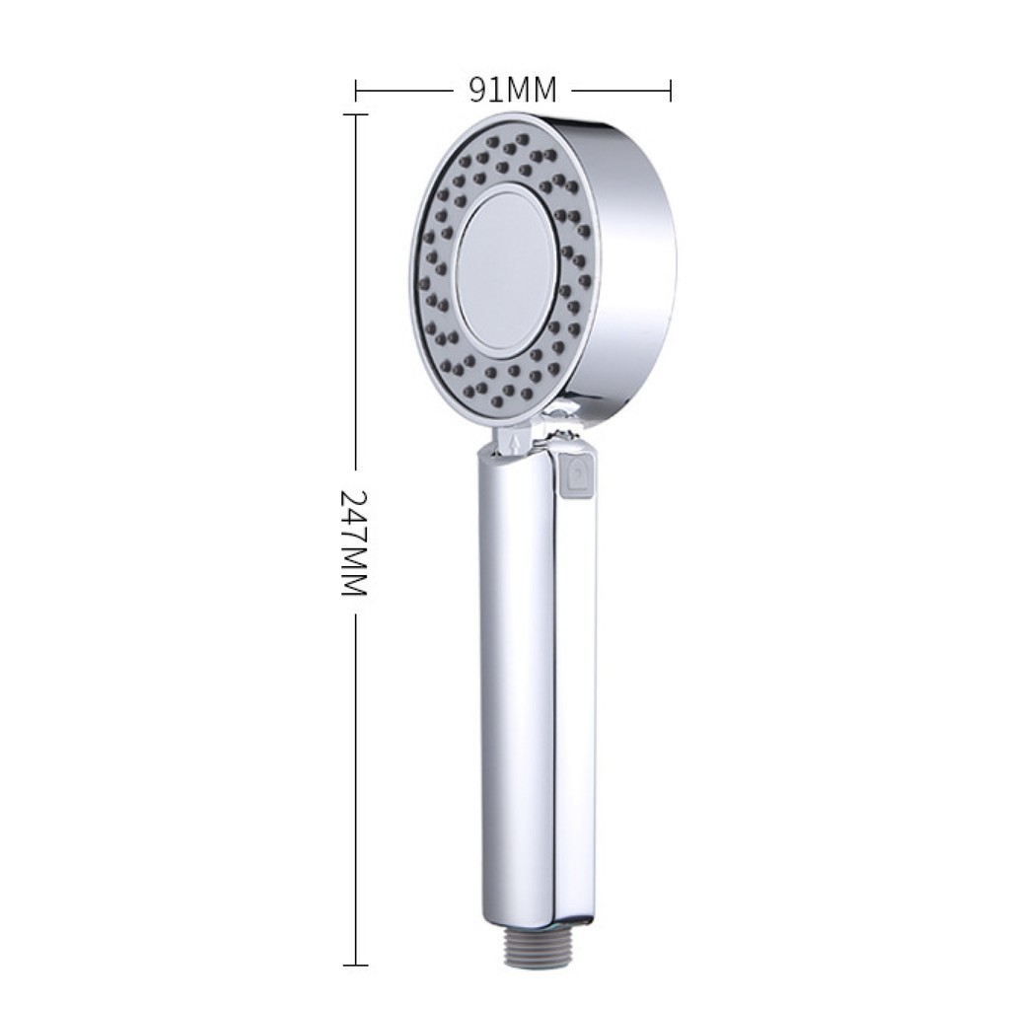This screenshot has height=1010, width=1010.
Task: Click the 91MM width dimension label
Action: tap(512, 90)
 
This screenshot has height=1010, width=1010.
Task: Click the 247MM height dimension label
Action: tap(354, 543)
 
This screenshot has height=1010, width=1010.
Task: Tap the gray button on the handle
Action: tap(578, 476)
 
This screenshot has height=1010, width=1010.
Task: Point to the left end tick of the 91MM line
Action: tap(356, 91)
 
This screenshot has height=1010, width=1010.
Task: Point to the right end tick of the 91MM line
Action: tap(671, 91)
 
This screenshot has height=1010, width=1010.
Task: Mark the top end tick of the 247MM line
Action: tap(355, 114)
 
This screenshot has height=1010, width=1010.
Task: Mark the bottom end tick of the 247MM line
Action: tap(355, 965)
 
